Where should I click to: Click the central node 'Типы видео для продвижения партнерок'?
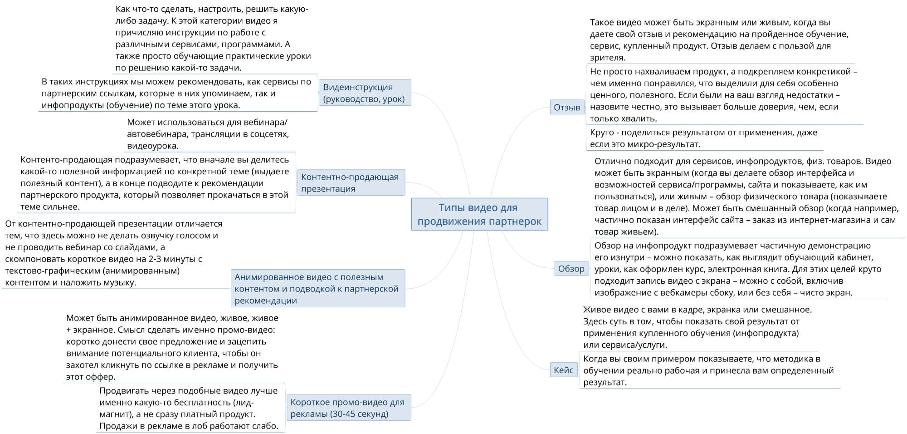[479, 214]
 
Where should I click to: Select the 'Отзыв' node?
[567, 107]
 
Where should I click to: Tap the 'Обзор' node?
[571, 268]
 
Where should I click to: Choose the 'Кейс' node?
[564, 370]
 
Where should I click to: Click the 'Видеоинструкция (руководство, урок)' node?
[365, 93]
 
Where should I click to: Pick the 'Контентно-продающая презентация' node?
[351, 182]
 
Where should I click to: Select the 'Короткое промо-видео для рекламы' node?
[348, 408]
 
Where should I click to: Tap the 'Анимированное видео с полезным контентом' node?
[317, 288]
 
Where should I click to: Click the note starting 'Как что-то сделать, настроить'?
[213, 39]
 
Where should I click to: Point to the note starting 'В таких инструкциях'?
[177, 93]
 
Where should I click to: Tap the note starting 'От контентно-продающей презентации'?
[114, 253]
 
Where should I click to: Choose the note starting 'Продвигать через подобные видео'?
[189, 408]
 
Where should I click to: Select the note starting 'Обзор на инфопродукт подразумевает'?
[738, 269]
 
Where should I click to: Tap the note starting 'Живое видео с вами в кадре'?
[697, 327]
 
